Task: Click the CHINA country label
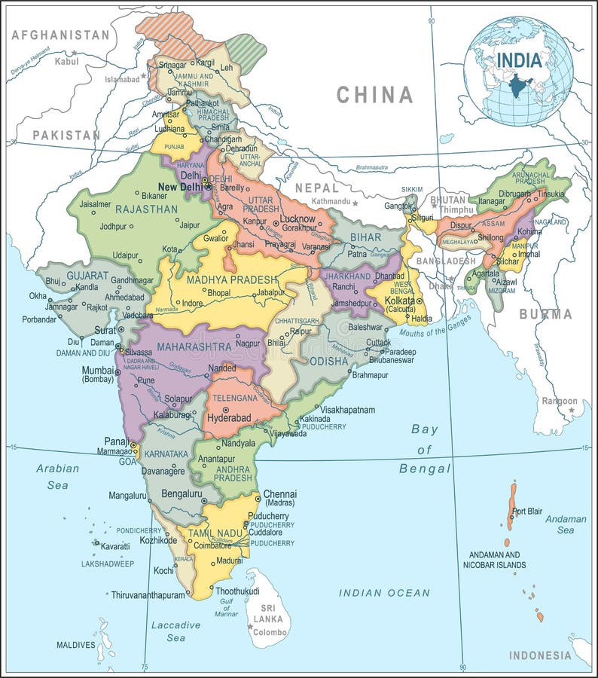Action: (374, 94)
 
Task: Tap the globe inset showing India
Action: (518, 72)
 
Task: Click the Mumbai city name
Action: (99, 370)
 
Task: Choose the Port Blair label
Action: (526, 512)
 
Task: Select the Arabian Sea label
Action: (57, 476)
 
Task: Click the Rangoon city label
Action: (560, 401)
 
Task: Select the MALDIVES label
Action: (76, 645)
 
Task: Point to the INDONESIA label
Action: (540, 655)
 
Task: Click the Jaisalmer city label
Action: (95, 204)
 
